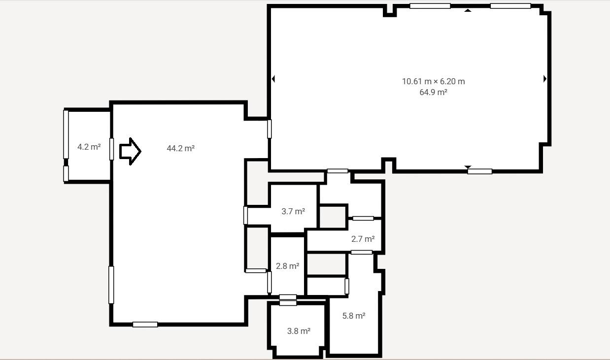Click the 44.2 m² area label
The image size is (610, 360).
pyautogui.click(x=180, y=148)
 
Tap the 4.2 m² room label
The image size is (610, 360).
pyautogui.click(x=89, y=147)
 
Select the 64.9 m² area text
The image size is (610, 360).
pyautogui.click(x=433, y=92)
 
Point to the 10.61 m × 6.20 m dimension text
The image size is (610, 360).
pyautogui.click(x=433, y=81)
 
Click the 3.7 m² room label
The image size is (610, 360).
pyautogui.click(x=293, y=211)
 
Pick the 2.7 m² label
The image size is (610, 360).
pyautogui.click(x=363, y=239)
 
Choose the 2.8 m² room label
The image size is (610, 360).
pyautogui.click(x=288, y=266)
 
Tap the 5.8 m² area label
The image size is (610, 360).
pyautogui.click(x=354, y=316)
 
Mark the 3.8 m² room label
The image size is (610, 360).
pyautogui.click(x=299, y=331)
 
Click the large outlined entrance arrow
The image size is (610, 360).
pyautogui.click(x=130, y=151)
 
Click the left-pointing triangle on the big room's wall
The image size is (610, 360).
pyautogui.click(x=273, y=79)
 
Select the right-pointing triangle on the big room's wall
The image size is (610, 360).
pyautogui.click(x=545, y=79)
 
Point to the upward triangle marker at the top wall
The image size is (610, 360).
pyautogui.click(x=468, y=10)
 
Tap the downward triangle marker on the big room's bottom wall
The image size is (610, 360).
pyautogui.click(x=468, y=167)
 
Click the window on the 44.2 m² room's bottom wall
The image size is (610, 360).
pyautogui.click(x=145, y=325)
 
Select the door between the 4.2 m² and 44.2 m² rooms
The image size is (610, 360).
pyautogui.click(x=111, y=149)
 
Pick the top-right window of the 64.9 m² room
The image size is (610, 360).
pyautogui.click(x=510, y=6)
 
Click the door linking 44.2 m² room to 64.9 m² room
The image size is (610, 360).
pyautogui.click(x=270, y=129)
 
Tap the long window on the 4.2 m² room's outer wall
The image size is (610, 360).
pyautogui.click(x=66, y=134)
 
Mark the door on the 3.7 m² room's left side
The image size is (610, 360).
pyautogui.click(x=245, y=215)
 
